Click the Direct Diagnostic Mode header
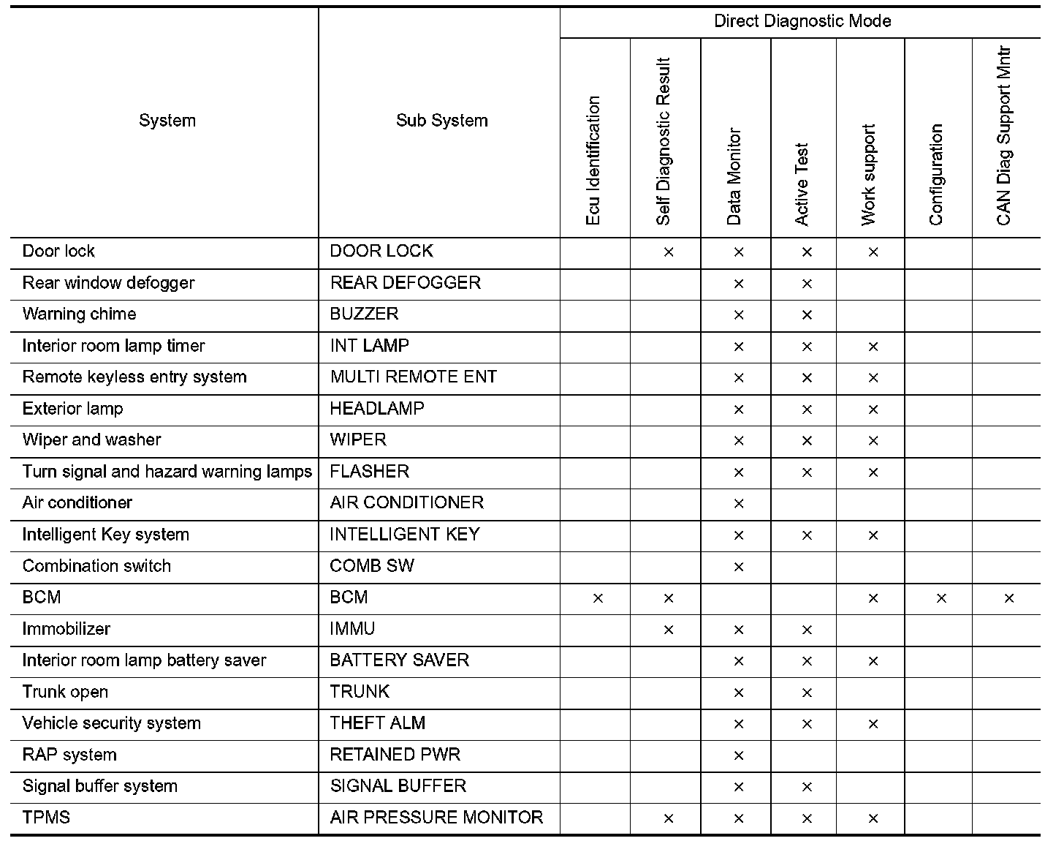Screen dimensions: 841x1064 [x=802, y=21]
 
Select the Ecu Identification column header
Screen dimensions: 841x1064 [x=593, y=161]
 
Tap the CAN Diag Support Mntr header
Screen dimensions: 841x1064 [x=1004, y=137]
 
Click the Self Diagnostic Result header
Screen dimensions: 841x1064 [x=663, y=142]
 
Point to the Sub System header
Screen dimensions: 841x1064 [x=441, y=121]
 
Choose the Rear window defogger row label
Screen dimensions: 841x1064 [x=108, y=283]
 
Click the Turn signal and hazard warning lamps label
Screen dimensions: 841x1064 [x=167, y=472]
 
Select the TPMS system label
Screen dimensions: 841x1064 [x=46, y=818]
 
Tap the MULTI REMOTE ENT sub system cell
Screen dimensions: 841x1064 [x=413, y=377]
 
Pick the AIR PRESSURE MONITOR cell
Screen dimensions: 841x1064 [x=436, y=818]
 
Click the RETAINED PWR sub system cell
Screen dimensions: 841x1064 [x=395, y=755]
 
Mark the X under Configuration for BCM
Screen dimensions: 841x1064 [x=941, y=598]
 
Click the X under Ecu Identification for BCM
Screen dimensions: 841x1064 [x=598, y=598]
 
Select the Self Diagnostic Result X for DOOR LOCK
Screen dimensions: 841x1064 [x=668, y=252]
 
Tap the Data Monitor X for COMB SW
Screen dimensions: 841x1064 [x=738, y=567]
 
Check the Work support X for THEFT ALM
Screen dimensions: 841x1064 [x=873, y=724]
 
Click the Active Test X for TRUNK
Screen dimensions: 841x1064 [x=807, y=693]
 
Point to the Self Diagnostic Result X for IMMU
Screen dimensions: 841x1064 [x=668, y=630]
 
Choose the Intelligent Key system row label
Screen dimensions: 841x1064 [x=105, y=535]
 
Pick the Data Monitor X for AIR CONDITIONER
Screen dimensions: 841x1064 [x=738, y=504]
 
